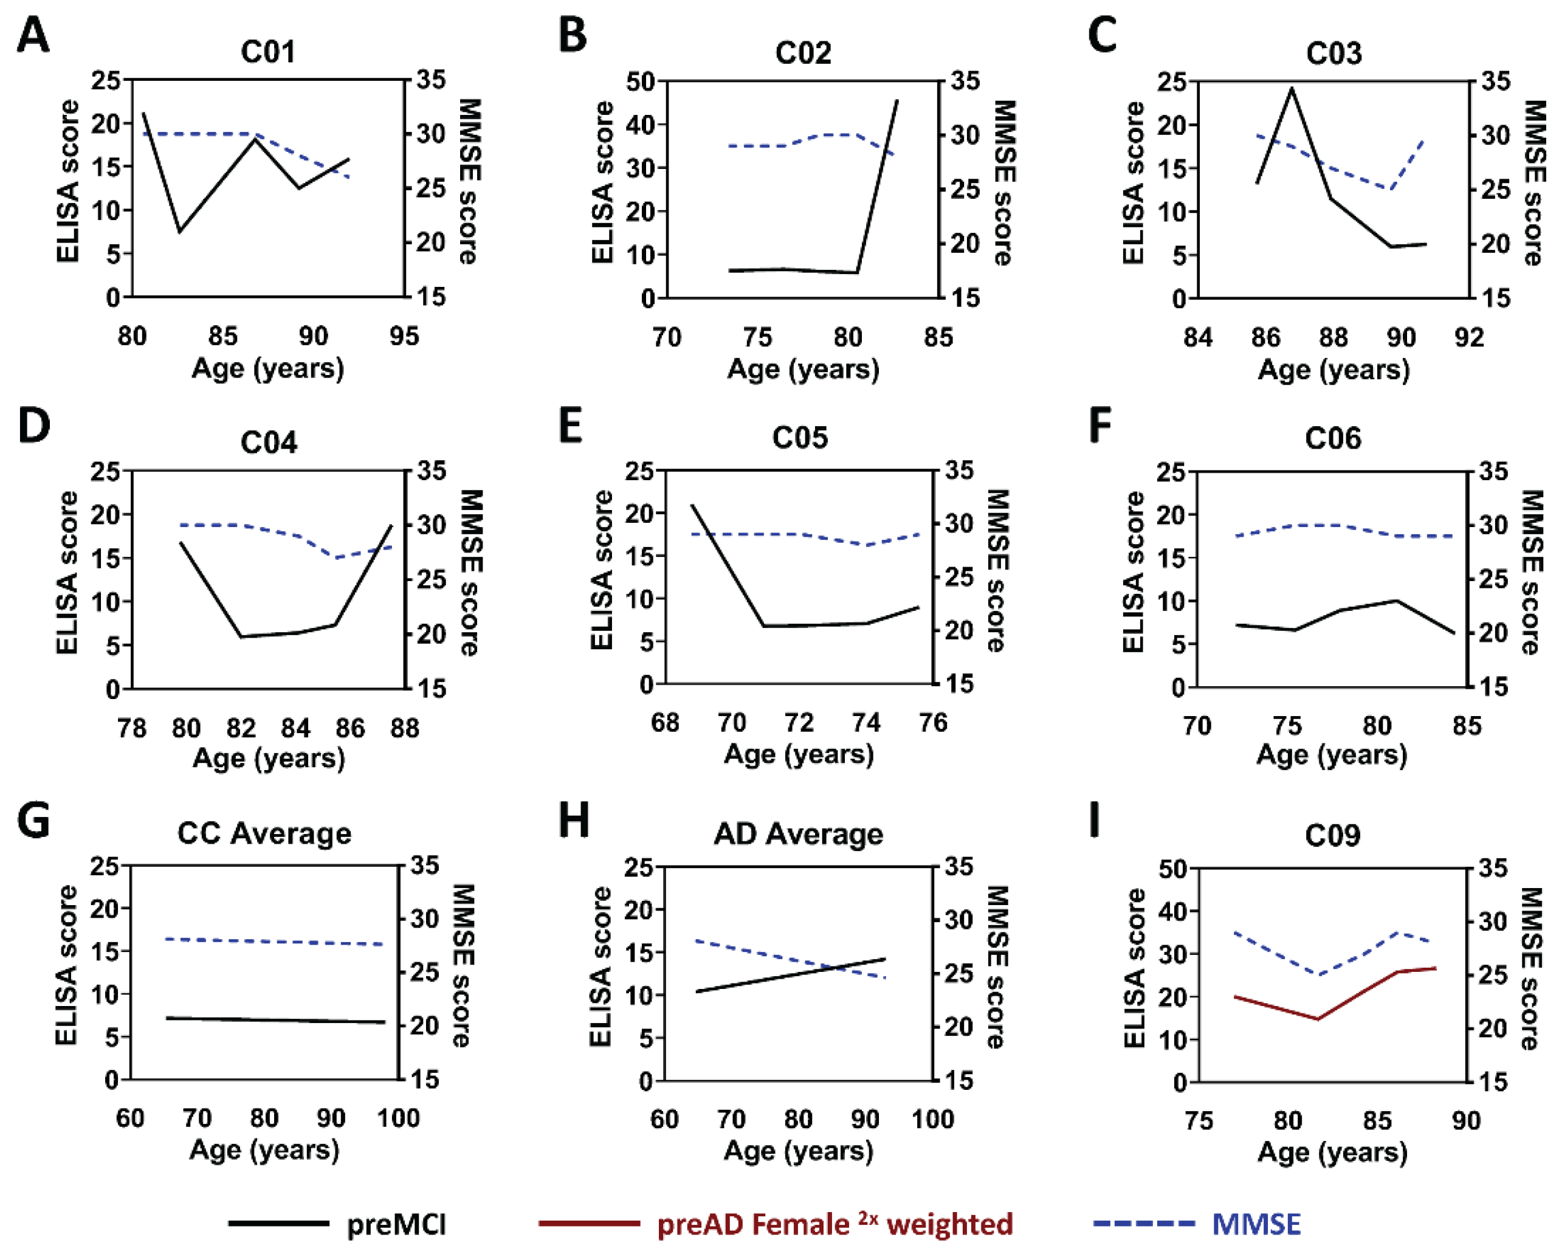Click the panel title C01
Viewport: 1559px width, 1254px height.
(x=267, y=52)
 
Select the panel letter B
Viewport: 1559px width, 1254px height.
(x=573, y=35)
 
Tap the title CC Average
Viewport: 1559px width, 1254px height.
(x=264, y=834)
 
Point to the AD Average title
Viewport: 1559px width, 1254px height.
(x=798, y=835)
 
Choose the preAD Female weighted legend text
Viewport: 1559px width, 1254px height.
(x=835, y=1224)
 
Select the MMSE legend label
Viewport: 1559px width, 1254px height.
(x=1256, y=1224)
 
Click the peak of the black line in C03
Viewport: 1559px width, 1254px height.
(x=1292, y=89)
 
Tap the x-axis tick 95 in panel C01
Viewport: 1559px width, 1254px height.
(x=404, y=336)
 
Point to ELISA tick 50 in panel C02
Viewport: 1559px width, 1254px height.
(x=641, y=81)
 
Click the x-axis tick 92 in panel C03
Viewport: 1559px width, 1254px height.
(x=1468, y=338)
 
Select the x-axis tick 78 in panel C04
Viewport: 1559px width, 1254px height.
(x=132, y=728)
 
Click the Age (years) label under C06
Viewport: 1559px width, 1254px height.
(x=1332, y=755)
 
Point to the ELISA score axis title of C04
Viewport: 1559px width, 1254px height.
(x=67, y=573)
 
